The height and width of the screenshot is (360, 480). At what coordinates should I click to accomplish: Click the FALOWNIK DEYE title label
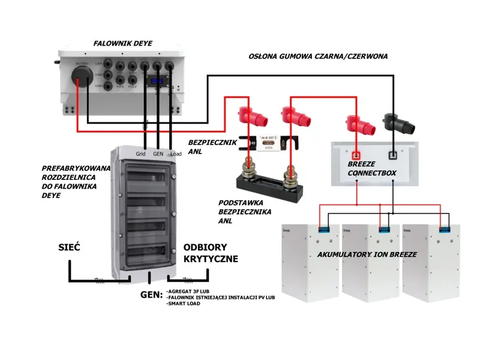(x=123, y=43)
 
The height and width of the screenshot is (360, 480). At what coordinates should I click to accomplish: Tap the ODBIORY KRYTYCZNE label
(x=211, y=253)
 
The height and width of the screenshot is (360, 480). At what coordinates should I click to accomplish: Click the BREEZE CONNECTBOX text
(x=371, y=169)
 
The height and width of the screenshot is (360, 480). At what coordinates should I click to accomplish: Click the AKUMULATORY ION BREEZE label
(x=367, y=254)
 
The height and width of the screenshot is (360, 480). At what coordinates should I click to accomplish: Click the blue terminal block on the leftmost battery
(x=323, y=229)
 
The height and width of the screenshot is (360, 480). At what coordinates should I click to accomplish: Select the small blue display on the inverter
(x=158, y=82)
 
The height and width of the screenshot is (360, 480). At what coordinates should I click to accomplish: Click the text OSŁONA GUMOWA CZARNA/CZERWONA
(x=318, y=56)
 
